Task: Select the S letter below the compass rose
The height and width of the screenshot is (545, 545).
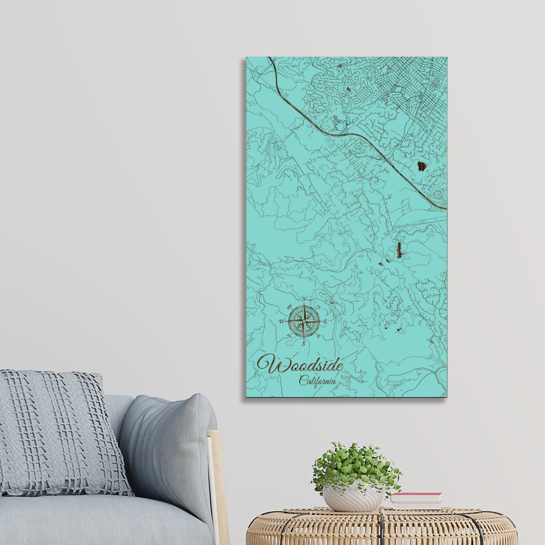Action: point(303,344)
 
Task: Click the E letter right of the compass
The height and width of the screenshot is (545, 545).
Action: point(325,322)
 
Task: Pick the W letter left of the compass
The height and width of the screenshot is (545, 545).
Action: point(281,322)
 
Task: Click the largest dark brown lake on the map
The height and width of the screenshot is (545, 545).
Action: point(421,166)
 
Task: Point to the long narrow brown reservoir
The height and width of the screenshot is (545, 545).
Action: point(399,250)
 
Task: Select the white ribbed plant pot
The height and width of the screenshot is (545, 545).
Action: point(352,497)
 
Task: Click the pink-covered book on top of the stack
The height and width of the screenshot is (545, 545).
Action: point(416,497)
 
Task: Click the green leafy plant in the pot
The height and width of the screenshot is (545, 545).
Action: point(355,466)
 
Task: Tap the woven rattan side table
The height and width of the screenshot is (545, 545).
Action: point(381,528)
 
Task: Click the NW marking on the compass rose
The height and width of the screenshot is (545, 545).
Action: point(290,306)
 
